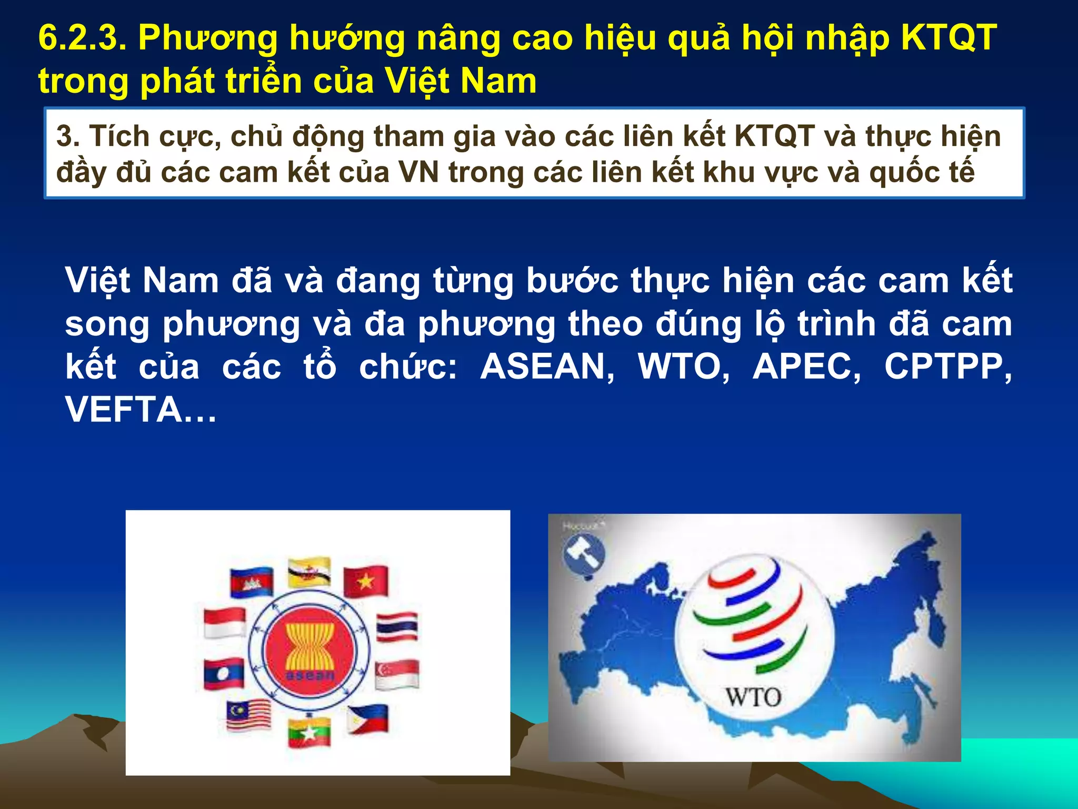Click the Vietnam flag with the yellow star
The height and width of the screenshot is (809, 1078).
point(366,581)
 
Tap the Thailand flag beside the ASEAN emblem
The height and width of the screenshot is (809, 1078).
point(397,627)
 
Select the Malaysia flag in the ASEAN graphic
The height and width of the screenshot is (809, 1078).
point(248,715)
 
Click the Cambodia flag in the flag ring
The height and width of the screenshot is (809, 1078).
point(252,582)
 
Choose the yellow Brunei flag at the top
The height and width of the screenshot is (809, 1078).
point(310,572)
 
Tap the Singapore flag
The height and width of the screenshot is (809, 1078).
point(397,674)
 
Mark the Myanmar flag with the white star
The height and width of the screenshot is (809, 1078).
point(310,732)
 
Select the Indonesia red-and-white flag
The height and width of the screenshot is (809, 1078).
point(225,623)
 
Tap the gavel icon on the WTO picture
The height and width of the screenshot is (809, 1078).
point(584,555)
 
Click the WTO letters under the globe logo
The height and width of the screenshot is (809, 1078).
point(753,698)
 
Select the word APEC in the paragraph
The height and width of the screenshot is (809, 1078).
point(806,367)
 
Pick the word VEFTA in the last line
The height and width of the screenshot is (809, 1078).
point(123,410)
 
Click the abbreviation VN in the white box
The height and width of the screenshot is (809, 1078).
point(418,172)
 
